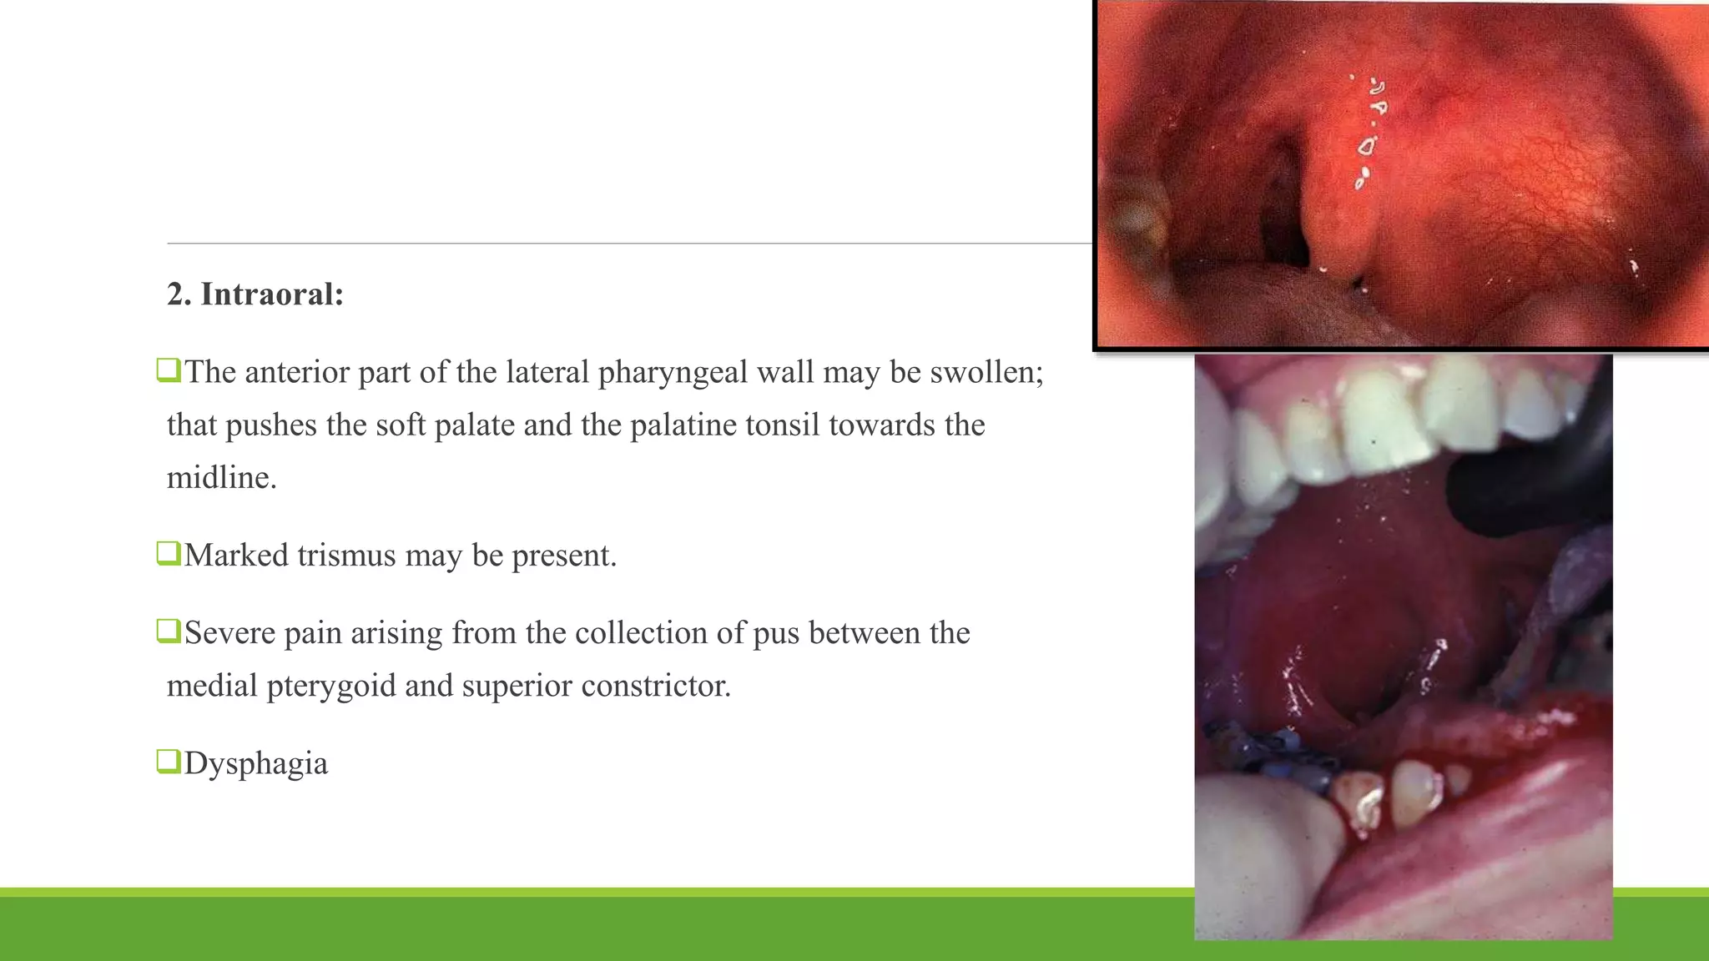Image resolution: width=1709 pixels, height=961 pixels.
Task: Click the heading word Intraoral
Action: pos(272,294)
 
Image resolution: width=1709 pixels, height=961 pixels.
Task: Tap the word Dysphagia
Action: pos(256,763)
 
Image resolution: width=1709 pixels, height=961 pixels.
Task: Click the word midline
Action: pos(221,478)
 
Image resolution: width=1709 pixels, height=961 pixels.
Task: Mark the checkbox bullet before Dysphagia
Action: pos(169,761)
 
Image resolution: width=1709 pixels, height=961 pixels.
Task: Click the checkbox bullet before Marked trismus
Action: pos(169,553)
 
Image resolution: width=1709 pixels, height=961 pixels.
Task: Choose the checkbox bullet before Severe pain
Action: pos(169,631)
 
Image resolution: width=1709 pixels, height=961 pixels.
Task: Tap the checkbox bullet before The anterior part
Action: pos(169,370)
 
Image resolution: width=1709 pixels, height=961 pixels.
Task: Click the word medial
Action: pos(212,686)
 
